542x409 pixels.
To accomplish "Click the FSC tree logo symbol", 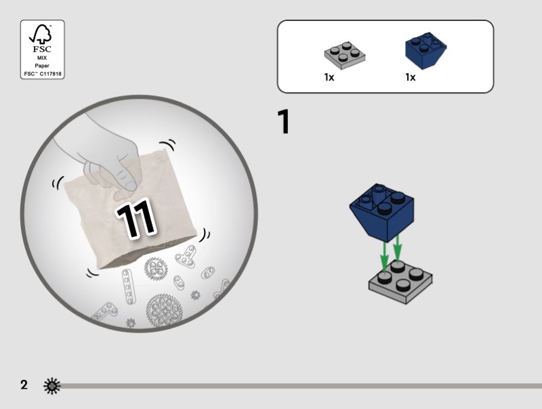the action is pyautogui.click(x=41, y=34).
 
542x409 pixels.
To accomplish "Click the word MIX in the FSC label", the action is pyautogui.click(x=42, y=58).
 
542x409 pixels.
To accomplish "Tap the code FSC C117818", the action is pyautogui.click(x=43, y=74).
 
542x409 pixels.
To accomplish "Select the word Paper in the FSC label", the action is pyautogui.click(x=42, y=66).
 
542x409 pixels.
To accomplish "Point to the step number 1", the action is pyautogui.click(x=283, y=122).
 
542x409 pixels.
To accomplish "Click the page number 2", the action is pyautogui.click(x=24, y=385).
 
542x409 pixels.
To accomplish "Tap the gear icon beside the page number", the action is pyautogui.click(x=52, y=386).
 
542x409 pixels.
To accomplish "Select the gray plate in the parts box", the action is pyautogui.click(x=344, y=56).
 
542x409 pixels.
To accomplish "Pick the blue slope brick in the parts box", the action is pyautogui.click(x=425, y=50).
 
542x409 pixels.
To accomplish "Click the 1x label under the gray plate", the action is pyautogui.click(x=329, y=77).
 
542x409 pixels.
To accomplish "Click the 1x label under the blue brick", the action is pyautogui.click(x=411, y=77).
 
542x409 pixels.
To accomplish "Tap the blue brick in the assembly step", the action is pyautogui.click(x=382, y=211).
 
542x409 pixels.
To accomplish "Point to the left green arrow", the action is pyautogui.click(x=384, y=257).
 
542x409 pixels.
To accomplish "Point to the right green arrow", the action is pyautogui.click(x=397, y=248).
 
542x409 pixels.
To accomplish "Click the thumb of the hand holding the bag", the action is pyautogui.click(x=128, y=179).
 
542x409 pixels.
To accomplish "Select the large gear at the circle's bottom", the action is pyautogui.click(x=164, y=310).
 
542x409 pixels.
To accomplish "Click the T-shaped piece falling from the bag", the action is pyautogui.click(x=186, y=257).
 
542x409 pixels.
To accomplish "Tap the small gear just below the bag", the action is pyautogui.click(x=156, y=269).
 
